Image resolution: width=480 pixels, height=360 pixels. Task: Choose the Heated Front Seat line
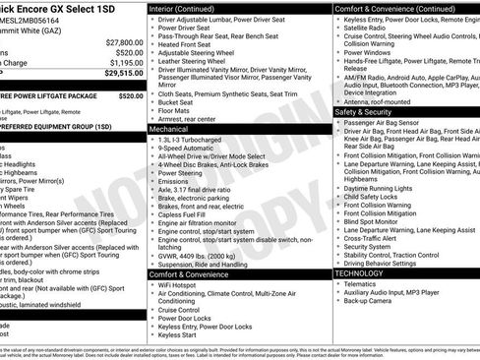click(x=187, y=44)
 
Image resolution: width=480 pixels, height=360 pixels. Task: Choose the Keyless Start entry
click(x=179, y=334)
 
